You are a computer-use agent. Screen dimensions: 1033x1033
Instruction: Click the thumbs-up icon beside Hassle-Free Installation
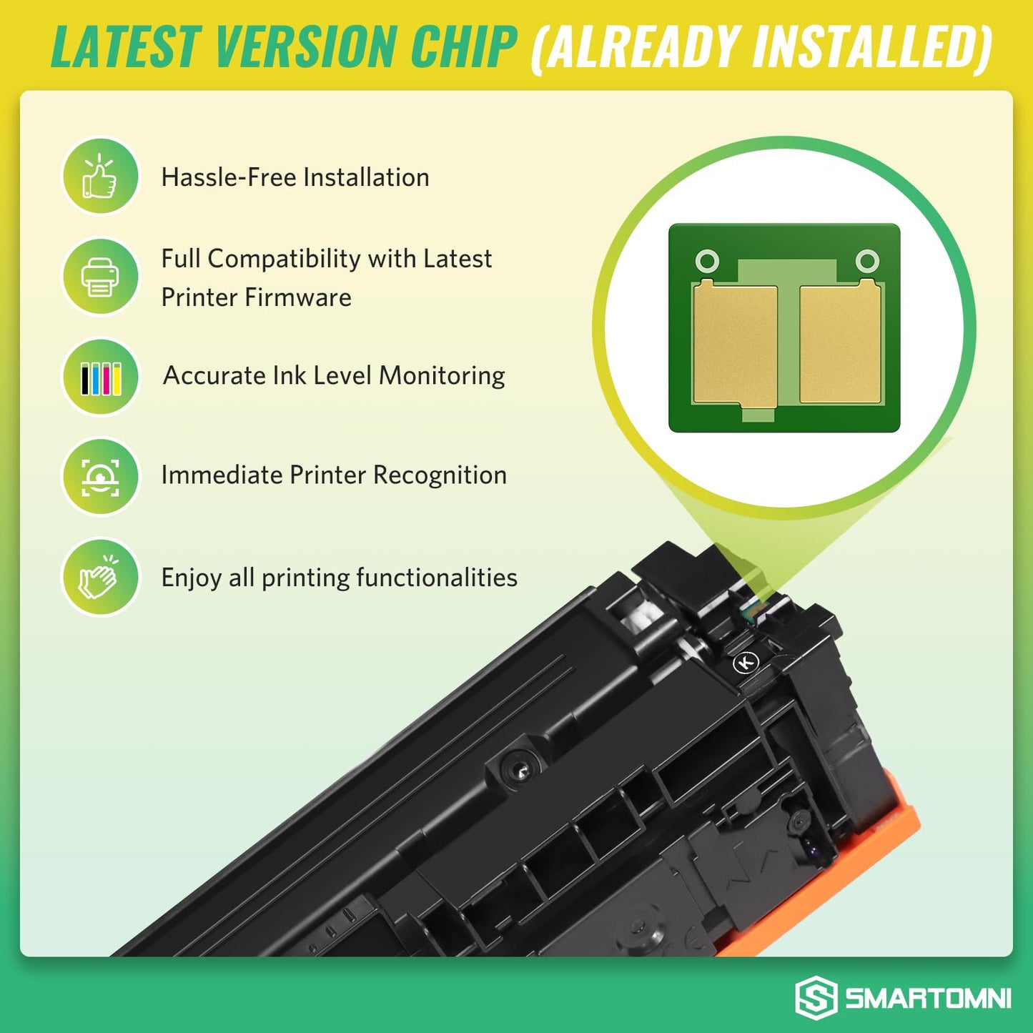tap(100, 177)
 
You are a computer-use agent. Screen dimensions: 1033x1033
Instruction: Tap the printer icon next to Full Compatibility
tap(100, 277)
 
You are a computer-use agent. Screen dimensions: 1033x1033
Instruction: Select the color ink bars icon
tap(100, 377)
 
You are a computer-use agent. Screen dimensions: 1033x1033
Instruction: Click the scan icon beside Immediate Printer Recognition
tap(100, 477)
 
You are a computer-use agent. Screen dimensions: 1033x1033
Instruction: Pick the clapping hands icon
tap(100, 577)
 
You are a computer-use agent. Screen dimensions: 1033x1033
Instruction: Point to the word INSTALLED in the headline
tap(865, 47)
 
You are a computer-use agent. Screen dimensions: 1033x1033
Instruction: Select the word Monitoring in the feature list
tap(442, 376)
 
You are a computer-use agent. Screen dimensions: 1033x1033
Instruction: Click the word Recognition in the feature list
tap(440, 475)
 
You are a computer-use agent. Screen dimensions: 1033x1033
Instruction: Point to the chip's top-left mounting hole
tap(707, 261)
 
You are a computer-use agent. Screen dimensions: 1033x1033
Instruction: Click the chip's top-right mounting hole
tap(867, 261)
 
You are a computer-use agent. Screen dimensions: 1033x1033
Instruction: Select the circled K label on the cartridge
tap(746, 663)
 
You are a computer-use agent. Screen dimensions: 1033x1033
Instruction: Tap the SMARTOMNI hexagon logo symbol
tap(816, 997)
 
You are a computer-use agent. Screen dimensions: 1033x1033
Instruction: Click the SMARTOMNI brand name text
tap(928, 998)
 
